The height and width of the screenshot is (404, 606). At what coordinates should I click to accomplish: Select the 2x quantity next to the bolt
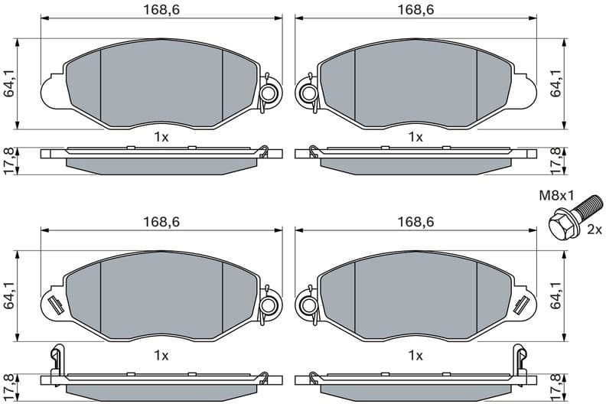pos(593,230)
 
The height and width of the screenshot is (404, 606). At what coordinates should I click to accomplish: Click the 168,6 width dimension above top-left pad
pos(161,9)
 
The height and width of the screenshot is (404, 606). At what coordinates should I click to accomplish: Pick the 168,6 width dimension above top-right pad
pos(415,9)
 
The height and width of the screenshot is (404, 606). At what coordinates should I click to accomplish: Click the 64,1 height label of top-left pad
pos(9,83)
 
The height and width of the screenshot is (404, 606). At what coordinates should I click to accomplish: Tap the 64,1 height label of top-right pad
pos(557,83)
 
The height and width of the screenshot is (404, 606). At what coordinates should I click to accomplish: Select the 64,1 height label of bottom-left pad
pos(9,295)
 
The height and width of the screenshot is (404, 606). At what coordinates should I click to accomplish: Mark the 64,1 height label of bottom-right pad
pos(557,295)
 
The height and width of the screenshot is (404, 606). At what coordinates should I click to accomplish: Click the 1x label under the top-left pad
pos(161,137)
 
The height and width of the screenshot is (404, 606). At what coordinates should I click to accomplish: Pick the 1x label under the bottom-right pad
pos(415,355)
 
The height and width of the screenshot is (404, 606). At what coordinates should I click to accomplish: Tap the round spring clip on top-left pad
pos(269,94)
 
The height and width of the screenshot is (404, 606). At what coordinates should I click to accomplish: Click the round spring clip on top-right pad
pos(308,94)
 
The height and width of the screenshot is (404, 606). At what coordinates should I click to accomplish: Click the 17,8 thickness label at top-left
pos(9,161)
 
